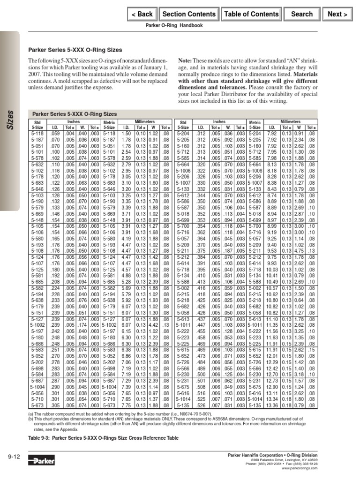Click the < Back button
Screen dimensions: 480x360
click(142, 14)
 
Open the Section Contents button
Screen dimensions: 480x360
click(188, 14)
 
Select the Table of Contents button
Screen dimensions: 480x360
click(251, 14)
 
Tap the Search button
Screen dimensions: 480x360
click(302, 14)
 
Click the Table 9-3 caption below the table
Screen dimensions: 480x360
click(104, 437)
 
